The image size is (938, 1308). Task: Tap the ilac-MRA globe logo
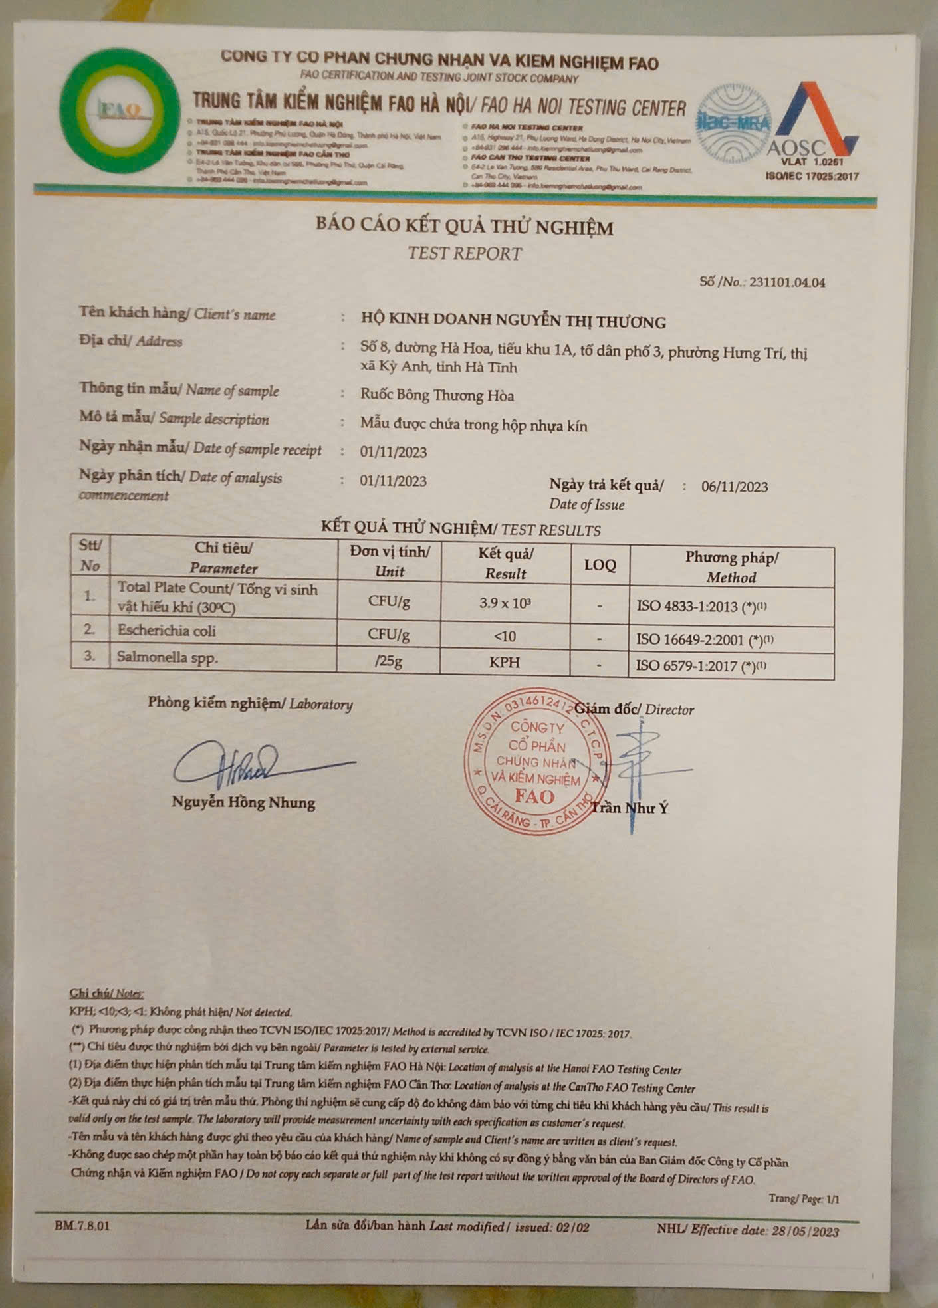pyautogui.click(x=733, y=122)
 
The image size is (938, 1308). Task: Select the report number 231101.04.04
pyautogui.click(x=787, y=282)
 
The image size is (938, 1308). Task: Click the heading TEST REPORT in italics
pyautogui.click(x=465, y=253)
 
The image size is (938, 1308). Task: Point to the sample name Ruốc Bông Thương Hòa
pyautogui.click(x=437, y=395)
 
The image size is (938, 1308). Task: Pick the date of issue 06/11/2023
pyautogui.click(x=735, y=487)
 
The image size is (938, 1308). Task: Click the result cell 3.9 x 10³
pyautogui.click(x=505, y=603)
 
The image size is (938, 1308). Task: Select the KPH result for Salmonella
pyautogui.click(x=505, y=663)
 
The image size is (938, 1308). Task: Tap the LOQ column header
pyautogui.click(x=600, y=565)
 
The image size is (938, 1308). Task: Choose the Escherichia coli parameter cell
pyautogui.click(x=167, y=631)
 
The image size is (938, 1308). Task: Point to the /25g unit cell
pyautogui.click(x=389, y=661)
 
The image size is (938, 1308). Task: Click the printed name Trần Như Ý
pyautogui.click(x=630, y=808)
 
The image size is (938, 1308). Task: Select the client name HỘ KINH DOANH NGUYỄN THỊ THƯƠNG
pyautogui.click(x=513, y=322)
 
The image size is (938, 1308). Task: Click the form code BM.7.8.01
pyautogui.click(x=82, y=1225)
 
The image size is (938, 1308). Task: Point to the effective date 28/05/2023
pyautogui.click(x=805, y=1231)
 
